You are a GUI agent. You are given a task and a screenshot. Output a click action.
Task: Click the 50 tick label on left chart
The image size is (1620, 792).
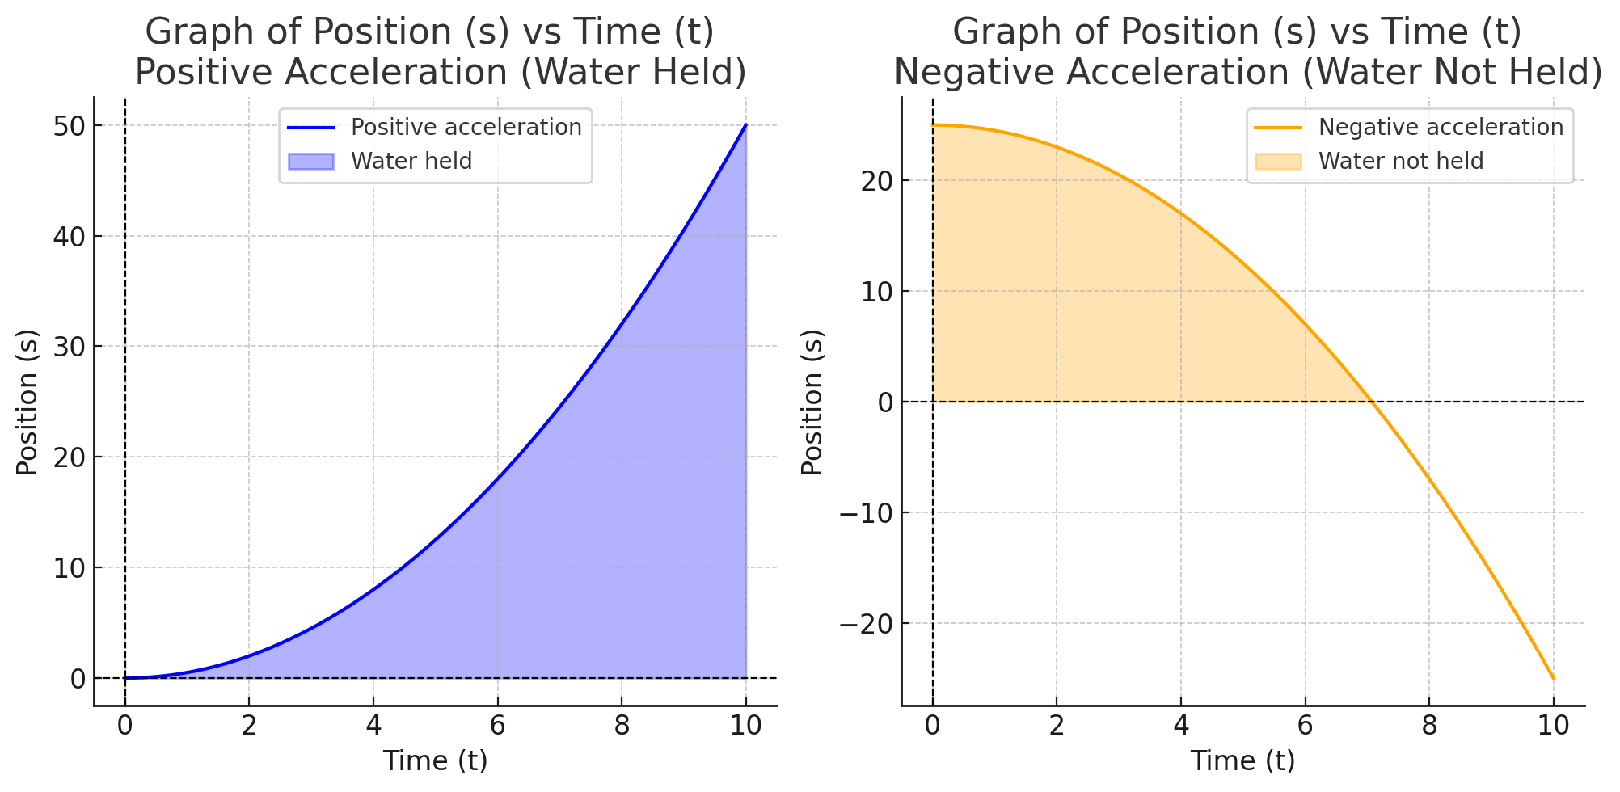click(x=70, y=126)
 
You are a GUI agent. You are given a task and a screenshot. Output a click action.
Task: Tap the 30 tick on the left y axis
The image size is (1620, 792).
click(x=70, y=347)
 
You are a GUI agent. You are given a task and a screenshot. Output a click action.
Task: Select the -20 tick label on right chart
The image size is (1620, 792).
click(x=865, y=624)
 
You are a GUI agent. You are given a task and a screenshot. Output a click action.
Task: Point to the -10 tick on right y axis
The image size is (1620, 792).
click(x=865, y=513)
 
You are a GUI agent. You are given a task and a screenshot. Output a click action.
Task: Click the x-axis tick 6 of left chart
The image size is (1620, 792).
click(x=497, y=726)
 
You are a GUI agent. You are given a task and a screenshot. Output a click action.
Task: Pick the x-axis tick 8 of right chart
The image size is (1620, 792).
click(x=1428, y=726)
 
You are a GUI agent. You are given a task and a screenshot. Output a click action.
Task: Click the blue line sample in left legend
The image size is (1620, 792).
click(x=311, y=128)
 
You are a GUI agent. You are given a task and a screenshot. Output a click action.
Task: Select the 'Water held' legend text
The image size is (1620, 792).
click(x=411, y=162)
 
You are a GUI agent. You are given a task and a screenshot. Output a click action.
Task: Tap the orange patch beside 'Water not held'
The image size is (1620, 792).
click(x=1278, y=162)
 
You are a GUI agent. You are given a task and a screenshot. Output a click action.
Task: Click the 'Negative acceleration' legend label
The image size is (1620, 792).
click(x=1441, y=128)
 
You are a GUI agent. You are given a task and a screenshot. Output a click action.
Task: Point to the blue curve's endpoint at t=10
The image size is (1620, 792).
click(x=745, y=125)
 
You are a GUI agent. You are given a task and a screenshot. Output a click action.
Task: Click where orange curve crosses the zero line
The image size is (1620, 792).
click(x=1372, y=402)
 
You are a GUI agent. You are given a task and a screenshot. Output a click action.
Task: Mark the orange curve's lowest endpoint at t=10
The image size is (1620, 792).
click(x=1553, y=678)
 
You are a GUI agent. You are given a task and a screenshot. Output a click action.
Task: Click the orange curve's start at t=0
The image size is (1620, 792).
click(x=933, y=125)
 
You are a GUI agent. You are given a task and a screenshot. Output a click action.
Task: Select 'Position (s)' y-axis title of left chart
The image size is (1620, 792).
click(x=27, y=402)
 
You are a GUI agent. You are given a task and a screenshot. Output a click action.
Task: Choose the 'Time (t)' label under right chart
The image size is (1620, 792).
click(x=1242, y=761)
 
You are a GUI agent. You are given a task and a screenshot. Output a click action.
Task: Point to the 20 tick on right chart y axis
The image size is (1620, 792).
click(x=876, y=181)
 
